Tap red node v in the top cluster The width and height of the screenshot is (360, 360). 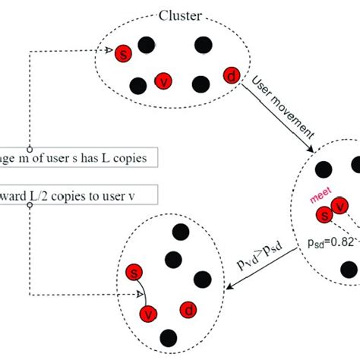(x=163, y=82)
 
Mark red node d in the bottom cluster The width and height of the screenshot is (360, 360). (x=187, y=310)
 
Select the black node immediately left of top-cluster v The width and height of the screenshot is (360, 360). (x=138, y=86)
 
